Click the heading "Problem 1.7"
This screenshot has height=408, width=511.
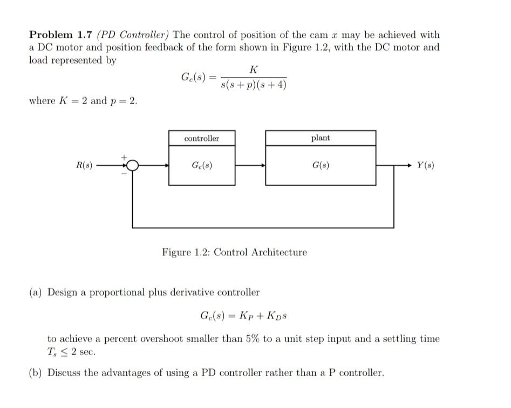click(x=60, y=35)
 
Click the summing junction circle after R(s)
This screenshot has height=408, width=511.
click(x=132, y=165)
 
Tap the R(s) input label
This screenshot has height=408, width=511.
click(x=85, y=165)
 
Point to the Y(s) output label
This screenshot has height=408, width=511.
click(x=425, y=165)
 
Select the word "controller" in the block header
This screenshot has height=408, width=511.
click(x=202, y=139)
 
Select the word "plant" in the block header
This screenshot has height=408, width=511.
click(x=321, y=138)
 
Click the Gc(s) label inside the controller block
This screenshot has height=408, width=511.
click(x=202, y=165)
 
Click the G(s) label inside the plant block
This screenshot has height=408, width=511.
click(x=321, y=165)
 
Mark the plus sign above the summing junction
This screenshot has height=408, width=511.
click(x=124, y=157)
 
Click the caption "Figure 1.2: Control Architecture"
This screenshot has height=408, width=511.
click(x=234, y=252)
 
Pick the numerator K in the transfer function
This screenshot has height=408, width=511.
click(x=254, y=70)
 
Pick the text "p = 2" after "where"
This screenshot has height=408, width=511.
click(x=124, y=101)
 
